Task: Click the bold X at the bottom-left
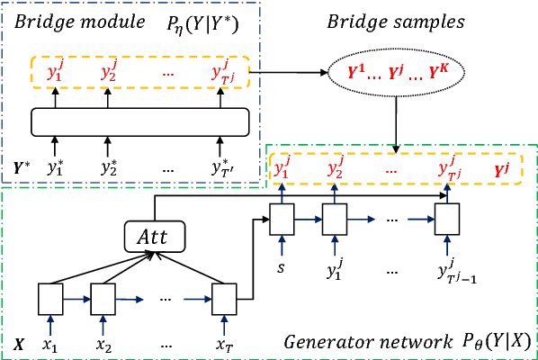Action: pyautogui.click(x=18, y=342)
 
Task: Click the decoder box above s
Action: pyautogui.click(x=283, y=216)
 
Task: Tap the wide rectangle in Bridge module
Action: pyautogui.click(x=139, y=121)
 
